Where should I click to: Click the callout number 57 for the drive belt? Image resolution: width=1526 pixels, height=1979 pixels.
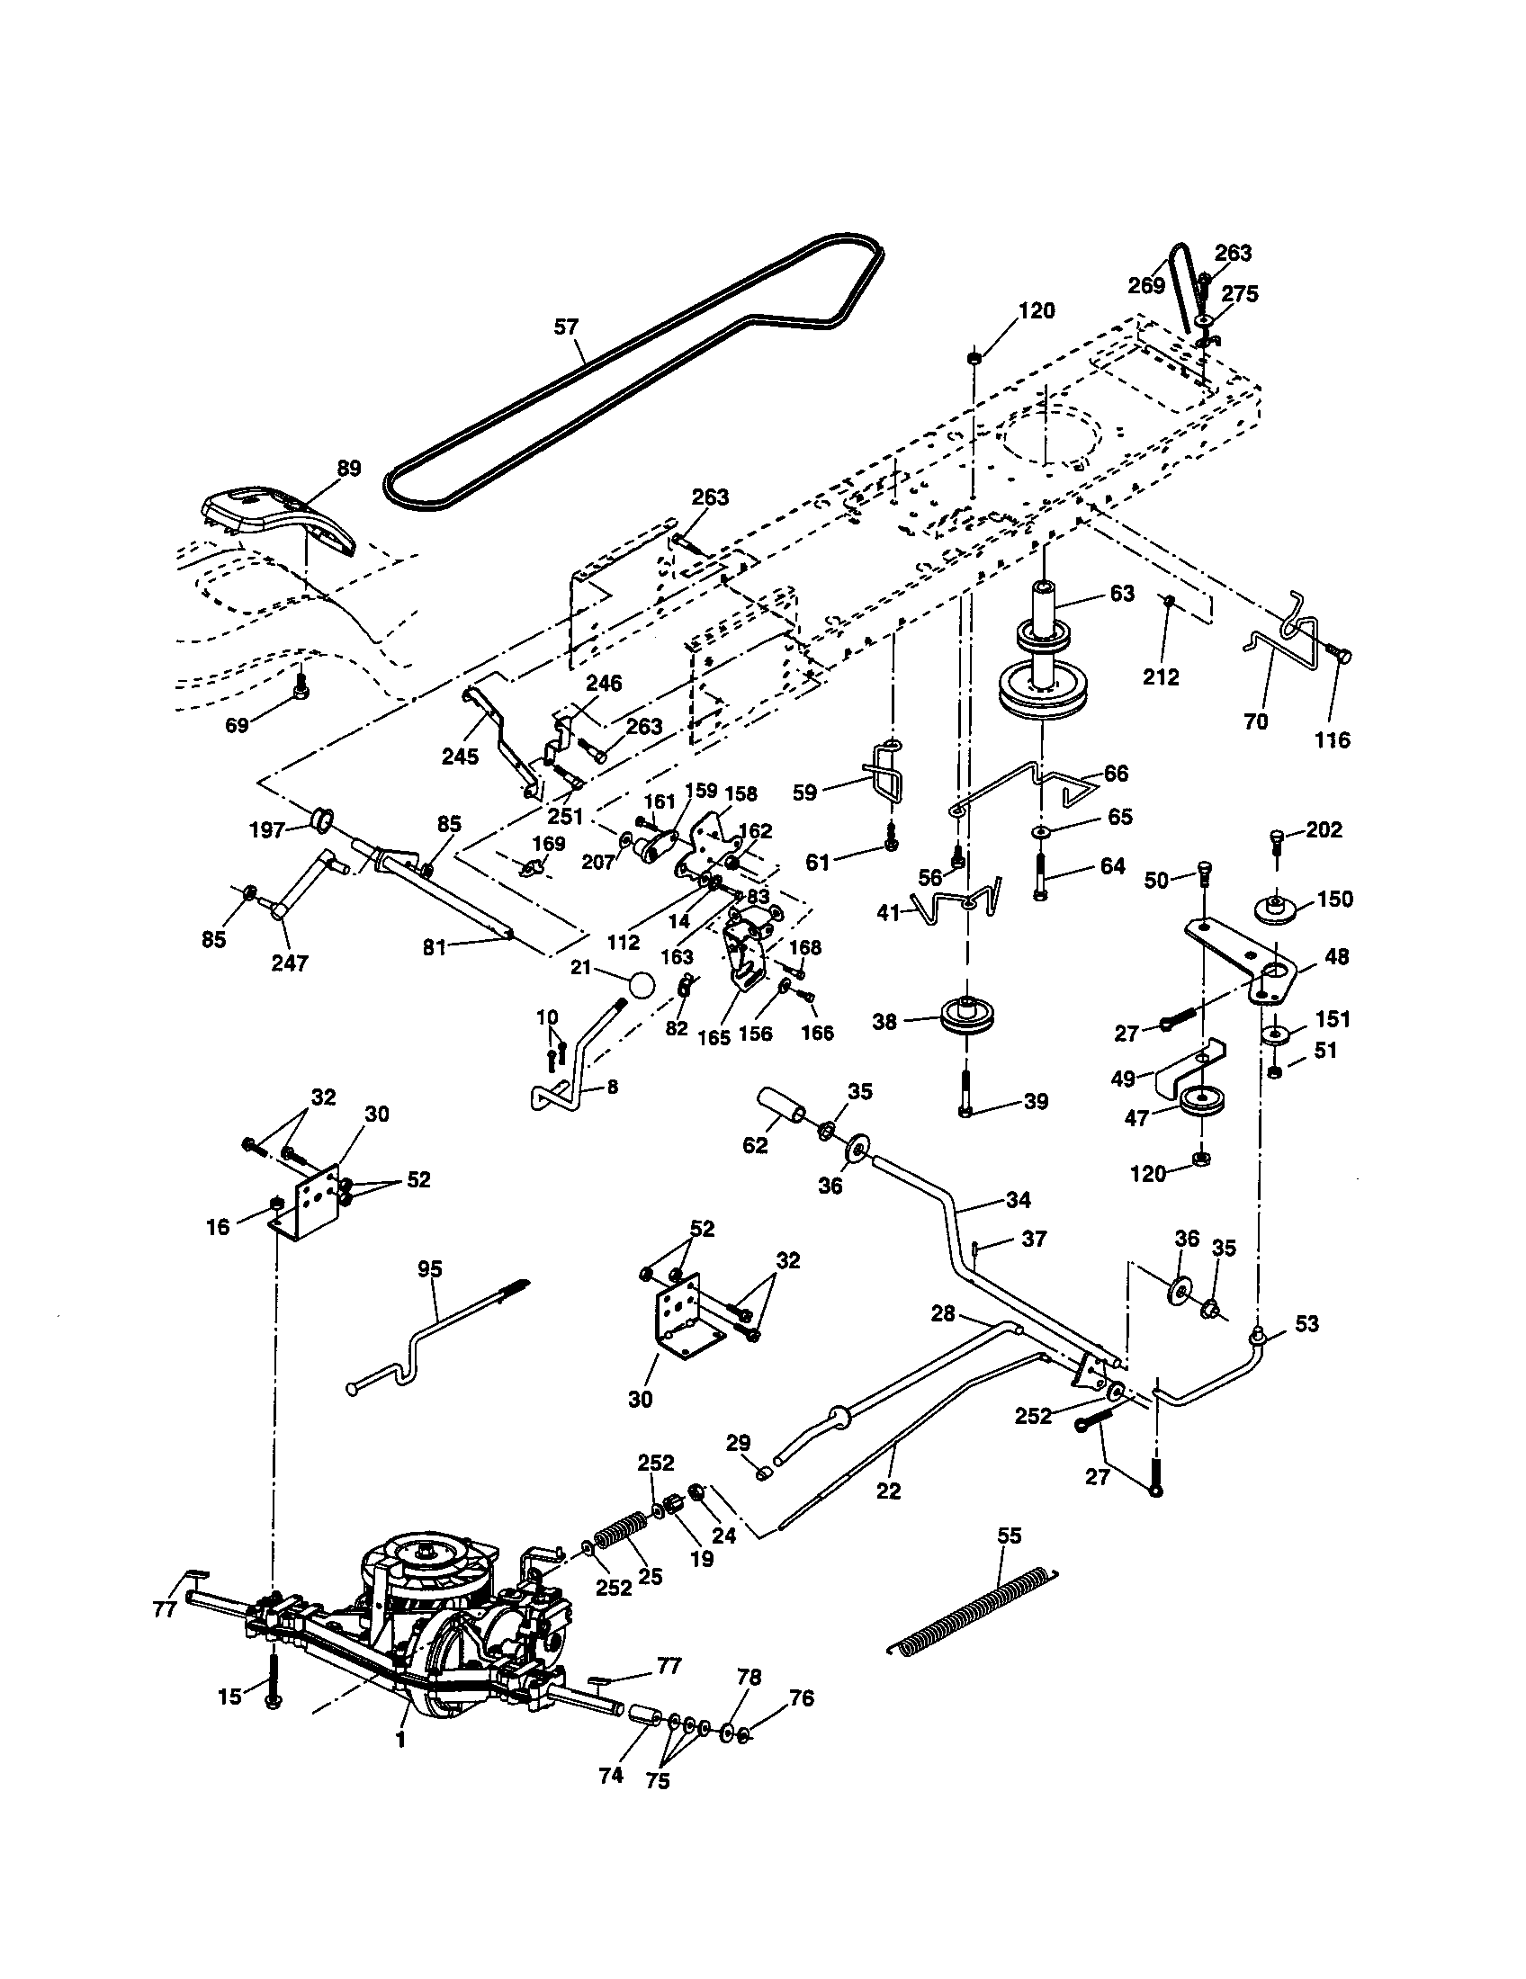(x=566, y=327)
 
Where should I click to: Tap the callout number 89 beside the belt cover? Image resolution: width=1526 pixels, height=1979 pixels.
(x=348, y=469)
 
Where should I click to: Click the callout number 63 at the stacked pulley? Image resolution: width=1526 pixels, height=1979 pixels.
(x=1121, y=594)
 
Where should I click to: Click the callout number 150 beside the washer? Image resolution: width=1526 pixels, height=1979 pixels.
(x=1334, y=899)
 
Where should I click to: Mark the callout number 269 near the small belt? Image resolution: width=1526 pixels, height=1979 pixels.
(x=1146, y=285)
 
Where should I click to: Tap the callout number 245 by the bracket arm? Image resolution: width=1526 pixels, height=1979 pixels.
(x=460, y=757)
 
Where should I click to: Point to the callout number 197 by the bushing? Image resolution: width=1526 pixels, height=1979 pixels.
(x=267, y=830)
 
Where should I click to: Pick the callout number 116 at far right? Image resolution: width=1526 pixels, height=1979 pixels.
(x=1332, y=740)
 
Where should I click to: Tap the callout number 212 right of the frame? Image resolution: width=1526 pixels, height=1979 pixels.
(x=1161, y=676)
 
